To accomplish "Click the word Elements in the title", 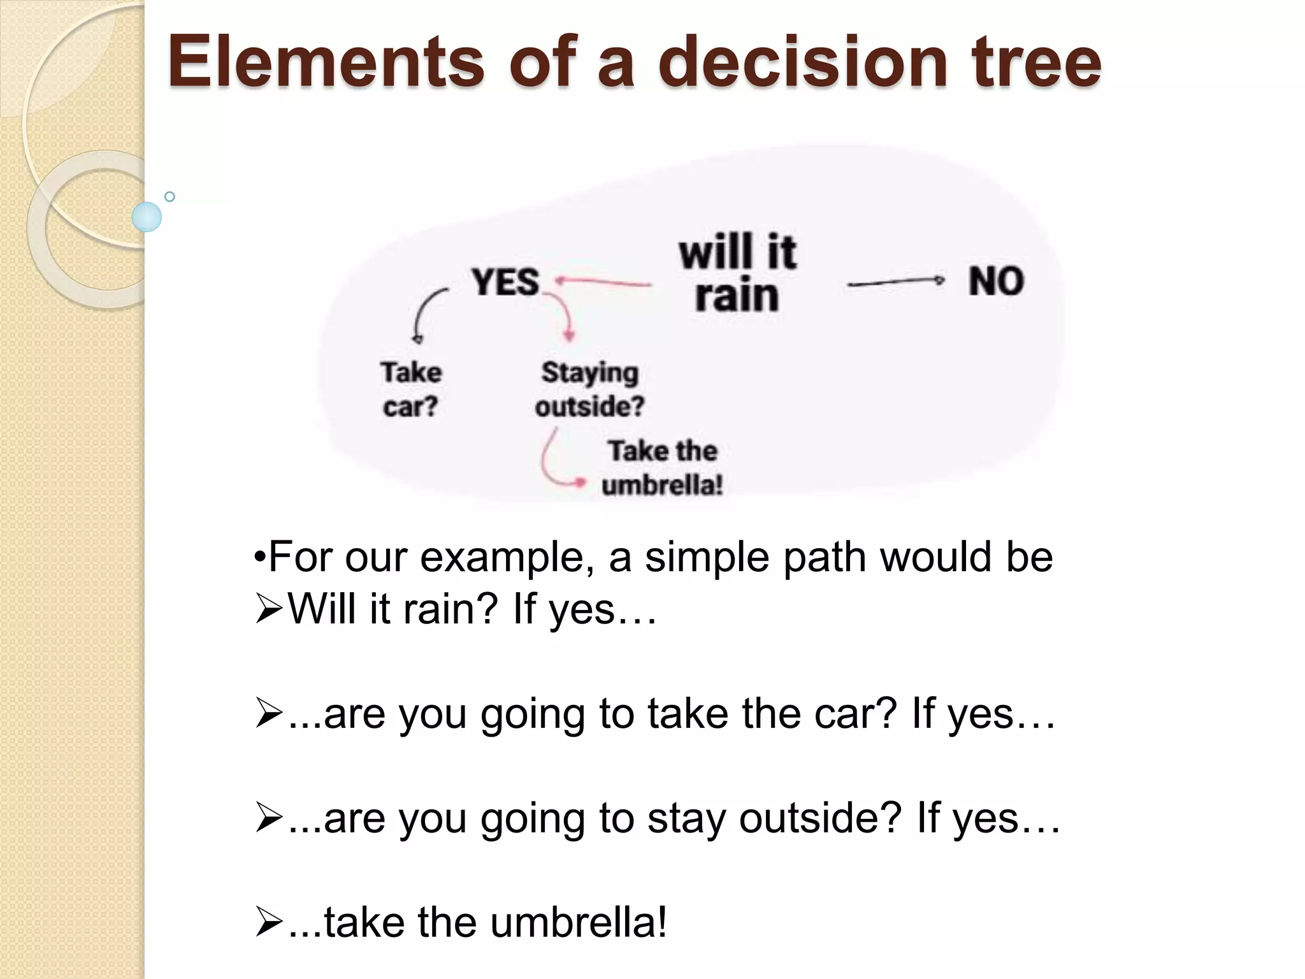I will pos(325,62).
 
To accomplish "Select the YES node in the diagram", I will pos(505,282).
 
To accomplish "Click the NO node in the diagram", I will pos(996,281).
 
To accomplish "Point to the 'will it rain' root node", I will pos(737,274).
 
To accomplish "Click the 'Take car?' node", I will pos(411,389).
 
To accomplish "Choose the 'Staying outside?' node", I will pos(589,389).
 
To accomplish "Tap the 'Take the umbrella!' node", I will pos(662,468).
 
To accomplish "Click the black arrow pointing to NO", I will pos(895,282).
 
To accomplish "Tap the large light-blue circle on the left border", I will pos(147,217).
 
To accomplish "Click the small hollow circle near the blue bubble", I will pos(169,197).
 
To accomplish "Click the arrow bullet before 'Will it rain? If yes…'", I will pos(268,609).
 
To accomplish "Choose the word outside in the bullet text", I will pos(820,818).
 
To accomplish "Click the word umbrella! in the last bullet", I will pos(579,923).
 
